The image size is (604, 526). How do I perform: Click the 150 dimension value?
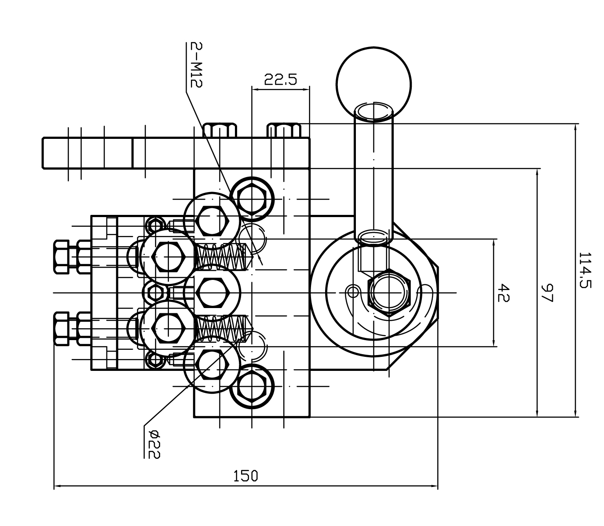[x=245, y=476]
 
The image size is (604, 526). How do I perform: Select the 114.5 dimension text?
[x=585, y=270]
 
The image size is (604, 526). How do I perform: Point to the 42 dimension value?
[x=503, y=293]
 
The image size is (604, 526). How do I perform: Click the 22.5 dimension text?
[x=280, y=79]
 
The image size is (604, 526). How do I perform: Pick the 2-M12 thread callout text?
[x=196, y=65]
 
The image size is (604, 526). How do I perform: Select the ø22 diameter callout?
[x=154, y=444]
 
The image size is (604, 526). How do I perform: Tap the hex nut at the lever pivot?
[x=389, y=293]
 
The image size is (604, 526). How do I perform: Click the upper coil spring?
[x=220, y=257]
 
